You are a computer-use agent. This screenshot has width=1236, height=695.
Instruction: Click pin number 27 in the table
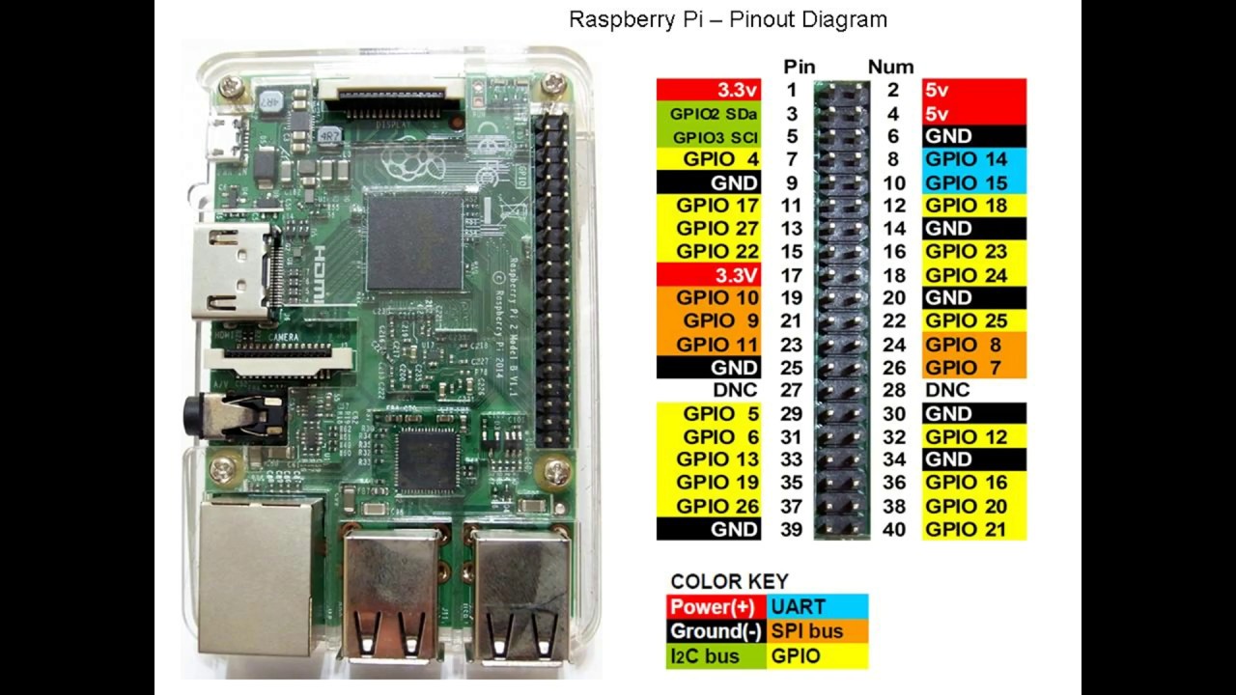click(791, 390)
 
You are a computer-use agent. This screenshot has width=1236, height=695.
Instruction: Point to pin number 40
click(893, 529)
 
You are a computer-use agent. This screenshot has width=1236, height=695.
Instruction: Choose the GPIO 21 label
click(966, 529)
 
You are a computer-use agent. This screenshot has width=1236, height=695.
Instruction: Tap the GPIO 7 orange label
click(963, 368)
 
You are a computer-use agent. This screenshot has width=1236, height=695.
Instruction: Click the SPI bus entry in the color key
click(806, 631)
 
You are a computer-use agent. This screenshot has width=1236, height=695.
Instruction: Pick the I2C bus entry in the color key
click(704, 656)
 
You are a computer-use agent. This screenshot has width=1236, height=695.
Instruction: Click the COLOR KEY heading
click(729, 581)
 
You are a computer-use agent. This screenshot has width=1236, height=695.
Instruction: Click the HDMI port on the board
click(232, 272)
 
